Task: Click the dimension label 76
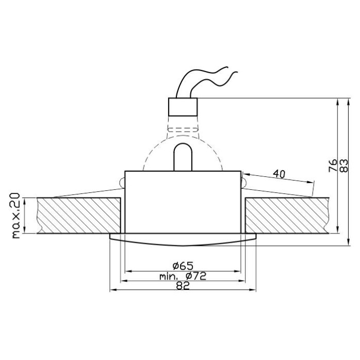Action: tap(333, 165)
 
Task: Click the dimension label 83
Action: tap(344, 165)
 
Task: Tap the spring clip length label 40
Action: tap(279, 174)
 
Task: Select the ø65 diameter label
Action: tap(183, 266)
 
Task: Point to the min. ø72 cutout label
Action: tap(183, 276)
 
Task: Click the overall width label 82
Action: tap(183, 285)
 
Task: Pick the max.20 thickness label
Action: tap(15, 215)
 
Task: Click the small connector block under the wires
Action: tap(183, 107)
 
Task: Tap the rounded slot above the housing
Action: tap(183, 157)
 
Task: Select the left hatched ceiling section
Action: tap(79, 215)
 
